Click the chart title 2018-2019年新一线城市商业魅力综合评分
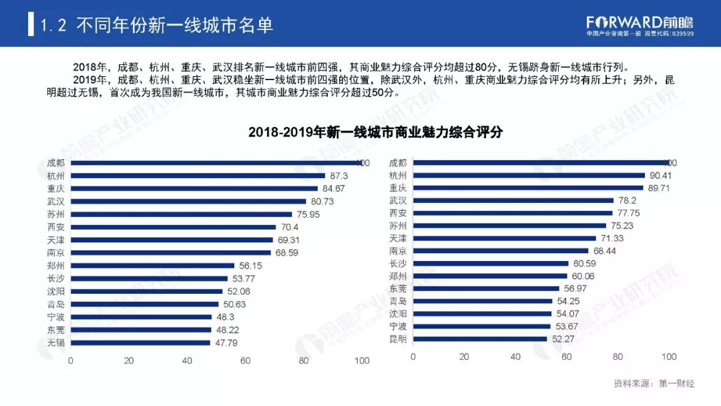pyautogui.click(x=375, y=132)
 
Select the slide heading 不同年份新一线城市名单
pyautogui.click(x=175, y=25)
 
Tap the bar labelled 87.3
pyautogui.click(x=198, y=176)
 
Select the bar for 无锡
pyautogui.click(x=140, y=343)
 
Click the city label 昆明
pyautogui.click(x=398, y=339)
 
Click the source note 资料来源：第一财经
pyautogui.click(x=654, y=383)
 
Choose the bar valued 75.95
pyautogui.click(x=181, y=214)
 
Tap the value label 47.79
pyautogui.click(x=226, y=343)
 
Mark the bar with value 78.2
pyautogui.click(x=513, y=200)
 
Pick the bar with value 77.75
pyautogui.click(x=512, y=213)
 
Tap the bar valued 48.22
pyautogui.click(x=141, y=329)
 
